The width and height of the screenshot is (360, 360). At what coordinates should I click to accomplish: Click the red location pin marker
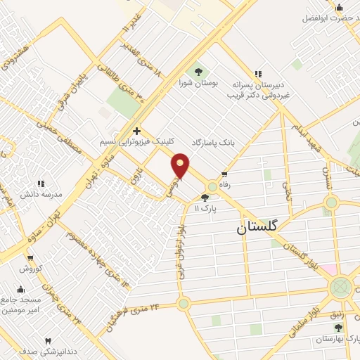[x=181, y=166]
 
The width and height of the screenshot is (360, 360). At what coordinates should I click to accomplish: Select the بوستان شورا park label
[x=198, y=83]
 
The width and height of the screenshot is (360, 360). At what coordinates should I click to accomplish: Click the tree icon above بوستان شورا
[x=198, y=72]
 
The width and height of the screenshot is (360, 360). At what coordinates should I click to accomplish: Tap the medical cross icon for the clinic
[x=136, y=131]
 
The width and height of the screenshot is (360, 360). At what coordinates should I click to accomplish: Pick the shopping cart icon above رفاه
[x=224, y=174]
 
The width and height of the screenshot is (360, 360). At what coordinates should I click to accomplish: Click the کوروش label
[x=31, y=269]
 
